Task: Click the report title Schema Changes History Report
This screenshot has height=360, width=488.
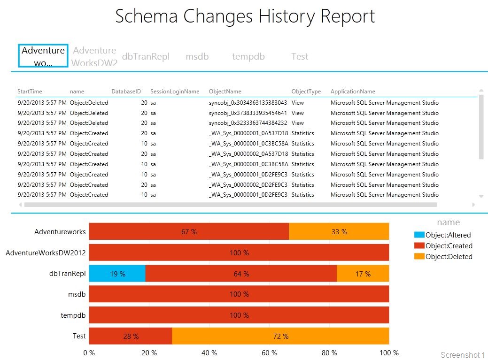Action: tap(245, 16)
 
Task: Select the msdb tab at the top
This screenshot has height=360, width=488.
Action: tap(197, 56)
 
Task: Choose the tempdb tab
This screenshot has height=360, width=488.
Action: tap(248, 56)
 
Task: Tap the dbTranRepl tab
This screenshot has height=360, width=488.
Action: tap(145, 56)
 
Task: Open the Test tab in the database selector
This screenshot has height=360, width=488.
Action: tap(300, 56)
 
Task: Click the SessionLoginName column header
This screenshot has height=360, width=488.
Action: tap(175, 92)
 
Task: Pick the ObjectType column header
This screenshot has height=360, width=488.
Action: tap(306, 92)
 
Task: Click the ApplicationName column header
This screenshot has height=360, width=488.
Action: tap(353, 92)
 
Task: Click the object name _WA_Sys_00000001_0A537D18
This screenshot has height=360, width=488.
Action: tap(248, 133)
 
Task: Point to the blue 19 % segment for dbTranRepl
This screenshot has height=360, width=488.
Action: tap(117, 274)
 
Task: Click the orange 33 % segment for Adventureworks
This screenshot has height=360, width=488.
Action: tap(339, 232)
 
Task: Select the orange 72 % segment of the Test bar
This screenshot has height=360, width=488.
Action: tap(280, 336)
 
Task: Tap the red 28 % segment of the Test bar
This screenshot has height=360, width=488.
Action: tap(130, 336)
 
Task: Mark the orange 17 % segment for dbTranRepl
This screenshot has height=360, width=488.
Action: tap(363, 274)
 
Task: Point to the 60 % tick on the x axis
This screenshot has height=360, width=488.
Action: tap(269, 352)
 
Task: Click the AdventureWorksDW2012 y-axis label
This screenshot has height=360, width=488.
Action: tap(46, 253)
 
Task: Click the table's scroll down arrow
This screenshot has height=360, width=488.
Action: tap(480, 196)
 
